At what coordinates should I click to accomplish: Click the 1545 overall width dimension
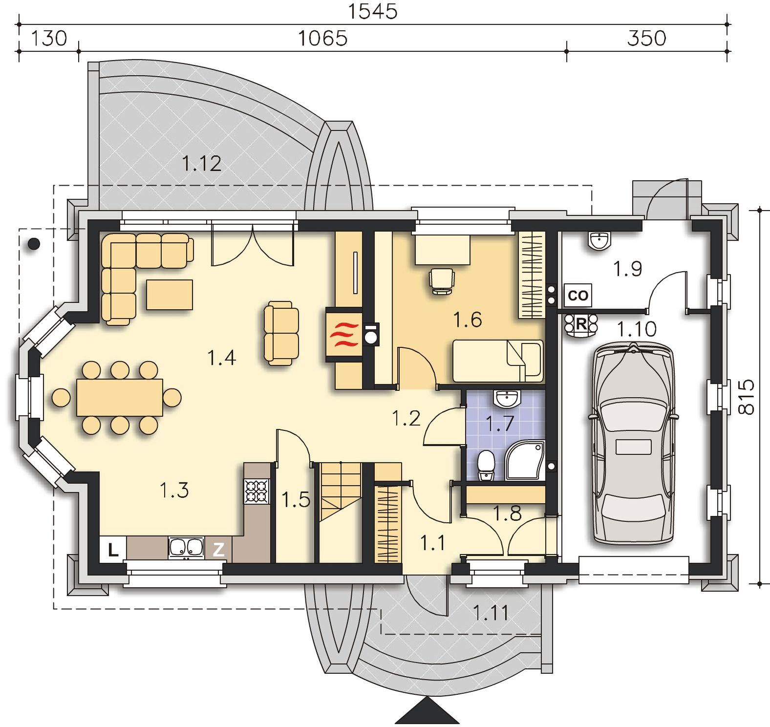point(372,11)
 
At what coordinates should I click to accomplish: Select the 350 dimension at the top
point(646,38)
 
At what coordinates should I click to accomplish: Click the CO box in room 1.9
point(578,295)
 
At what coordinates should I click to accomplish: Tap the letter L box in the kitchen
point(113,550)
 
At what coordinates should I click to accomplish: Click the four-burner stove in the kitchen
point(257,492)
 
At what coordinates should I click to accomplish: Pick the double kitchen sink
point(186,548)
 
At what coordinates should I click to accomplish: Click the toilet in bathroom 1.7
point(485,466)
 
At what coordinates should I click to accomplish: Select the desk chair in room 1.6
point(442,281)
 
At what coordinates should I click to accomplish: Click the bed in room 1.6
point(498,361)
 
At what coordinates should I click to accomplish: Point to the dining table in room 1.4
point(120,397)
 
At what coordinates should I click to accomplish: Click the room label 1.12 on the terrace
point(201,163)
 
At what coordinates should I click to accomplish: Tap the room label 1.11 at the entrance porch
point(491,613)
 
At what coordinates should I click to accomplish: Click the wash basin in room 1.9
point(599,240)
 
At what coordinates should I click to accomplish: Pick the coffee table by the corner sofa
point(170,294)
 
